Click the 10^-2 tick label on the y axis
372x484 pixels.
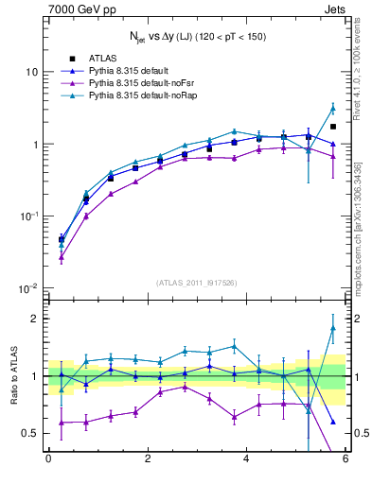pyautogui.click(x=27, y=288)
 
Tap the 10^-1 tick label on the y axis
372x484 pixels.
pyautogui.click(x=27, y=216)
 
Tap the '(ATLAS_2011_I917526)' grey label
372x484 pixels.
pyautogui.click(x=196, y=282)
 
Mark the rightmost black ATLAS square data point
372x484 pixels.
pyautogui.click(x=332, y=127)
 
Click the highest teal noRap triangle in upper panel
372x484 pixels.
pyautogui.click(x=332, y=108)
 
